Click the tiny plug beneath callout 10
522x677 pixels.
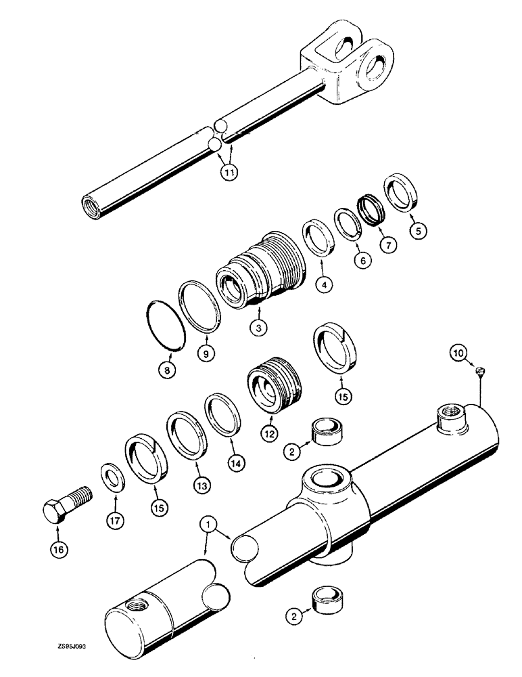point(479,370)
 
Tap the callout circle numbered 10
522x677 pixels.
point(459,353)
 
